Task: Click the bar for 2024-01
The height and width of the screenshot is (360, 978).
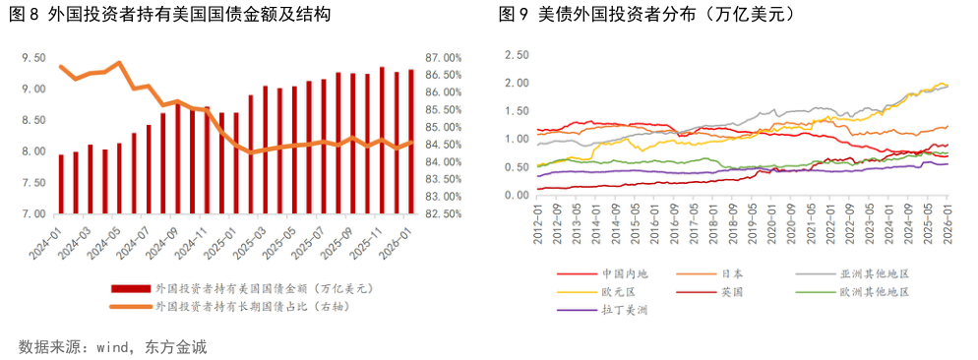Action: pos(61,184)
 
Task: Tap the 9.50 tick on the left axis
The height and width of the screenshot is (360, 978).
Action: pos(33,58)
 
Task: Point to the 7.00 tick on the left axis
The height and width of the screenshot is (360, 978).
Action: pos(33,213)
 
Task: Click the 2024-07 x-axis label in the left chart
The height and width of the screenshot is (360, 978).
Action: pos(141,242)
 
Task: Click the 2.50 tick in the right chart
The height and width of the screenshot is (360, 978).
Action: pos(517,55)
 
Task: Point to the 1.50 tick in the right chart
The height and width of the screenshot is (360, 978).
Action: pos(517,111)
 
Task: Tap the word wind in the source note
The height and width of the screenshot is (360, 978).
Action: pos(109,347)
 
